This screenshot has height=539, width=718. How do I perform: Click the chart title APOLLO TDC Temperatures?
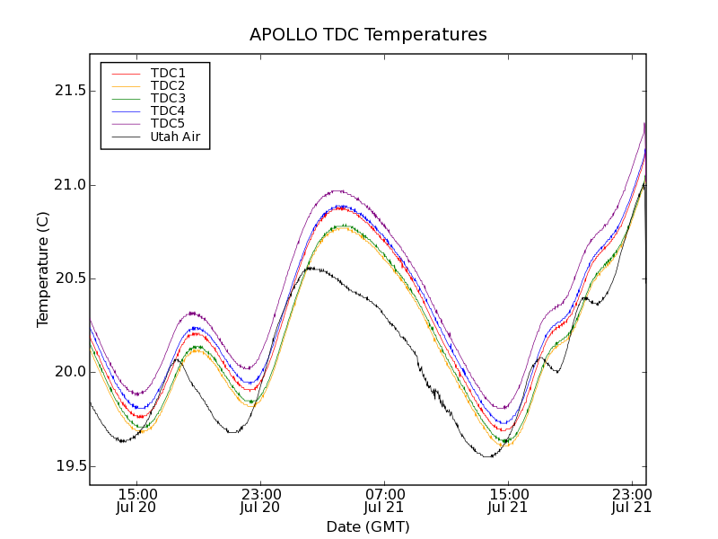368,35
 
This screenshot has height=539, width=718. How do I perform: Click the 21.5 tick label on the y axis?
69,92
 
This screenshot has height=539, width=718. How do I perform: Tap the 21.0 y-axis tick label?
69,185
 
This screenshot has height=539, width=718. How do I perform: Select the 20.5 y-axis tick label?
69,278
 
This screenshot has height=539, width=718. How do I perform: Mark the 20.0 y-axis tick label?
69,372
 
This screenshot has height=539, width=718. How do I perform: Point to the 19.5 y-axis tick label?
69,466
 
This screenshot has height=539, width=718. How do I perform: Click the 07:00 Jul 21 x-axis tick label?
385,500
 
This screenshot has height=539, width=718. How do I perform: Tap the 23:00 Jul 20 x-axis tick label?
261,500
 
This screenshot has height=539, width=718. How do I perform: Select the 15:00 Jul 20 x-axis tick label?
137,500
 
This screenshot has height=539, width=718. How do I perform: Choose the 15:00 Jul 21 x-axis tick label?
508,500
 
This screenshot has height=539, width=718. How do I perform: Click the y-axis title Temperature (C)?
43,269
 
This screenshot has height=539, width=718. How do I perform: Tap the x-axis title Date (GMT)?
368,526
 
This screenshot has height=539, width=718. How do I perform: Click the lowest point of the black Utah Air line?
488,457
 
